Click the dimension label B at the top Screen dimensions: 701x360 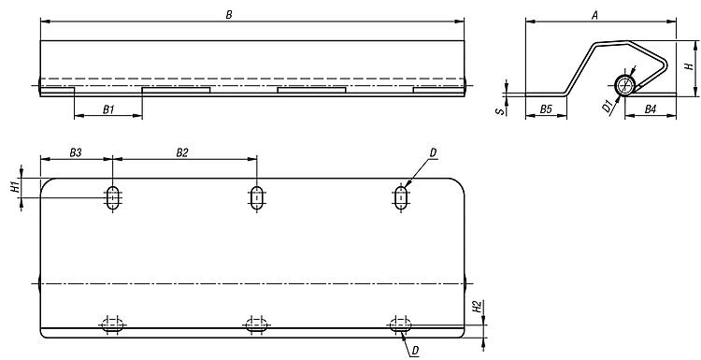229,15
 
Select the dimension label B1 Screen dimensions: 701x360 108,109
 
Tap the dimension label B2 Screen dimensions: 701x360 182,153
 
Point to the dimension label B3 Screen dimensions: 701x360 76,153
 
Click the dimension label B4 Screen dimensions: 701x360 651,109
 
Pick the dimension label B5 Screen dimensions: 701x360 546,109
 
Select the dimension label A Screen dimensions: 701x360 594,16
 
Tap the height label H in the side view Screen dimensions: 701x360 690,65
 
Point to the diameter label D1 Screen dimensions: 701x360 607,107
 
